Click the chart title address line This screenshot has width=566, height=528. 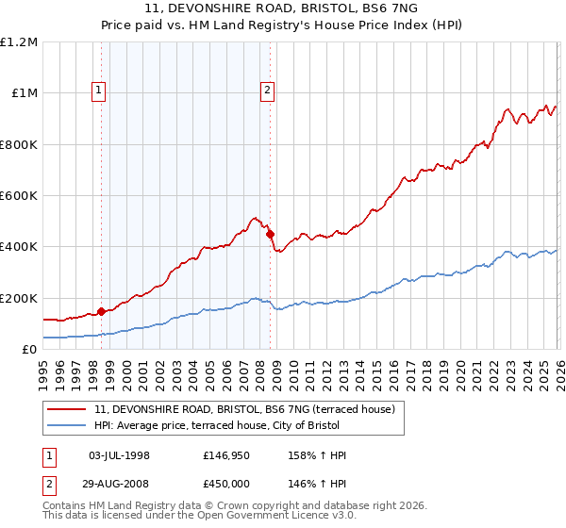[x=282, y=9]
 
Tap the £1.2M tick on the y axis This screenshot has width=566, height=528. [x=19, y=42]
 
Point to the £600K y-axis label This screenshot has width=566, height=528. [x=18, y=196]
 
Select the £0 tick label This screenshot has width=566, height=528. [x=28, y=350]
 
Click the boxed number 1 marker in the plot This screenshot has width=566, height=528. [x=100, y=91]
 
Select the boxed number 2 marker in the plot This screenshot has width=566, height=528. [x=268, y=91]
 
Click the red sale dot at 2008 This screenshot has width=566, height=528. [x=270, y=234]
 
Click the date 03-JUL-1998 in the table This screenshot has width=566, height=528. [x=119, y=455]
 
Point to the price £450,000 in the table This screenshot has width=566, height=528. [x=226, y=482]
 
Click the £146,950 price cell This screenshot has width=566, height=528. [x=226, y=455]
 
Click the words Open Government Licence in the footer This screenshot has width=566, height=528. [x=278, y=516]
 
